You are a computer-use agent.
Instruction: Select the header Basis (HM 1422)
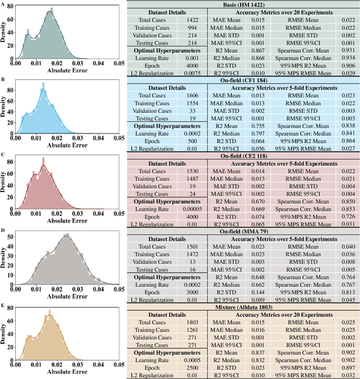coord(242,4)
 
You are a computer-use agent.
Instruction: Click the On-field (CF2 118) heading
coord(242,155)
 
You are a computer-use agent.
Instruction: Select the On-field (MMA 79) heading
coord(242,231)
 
